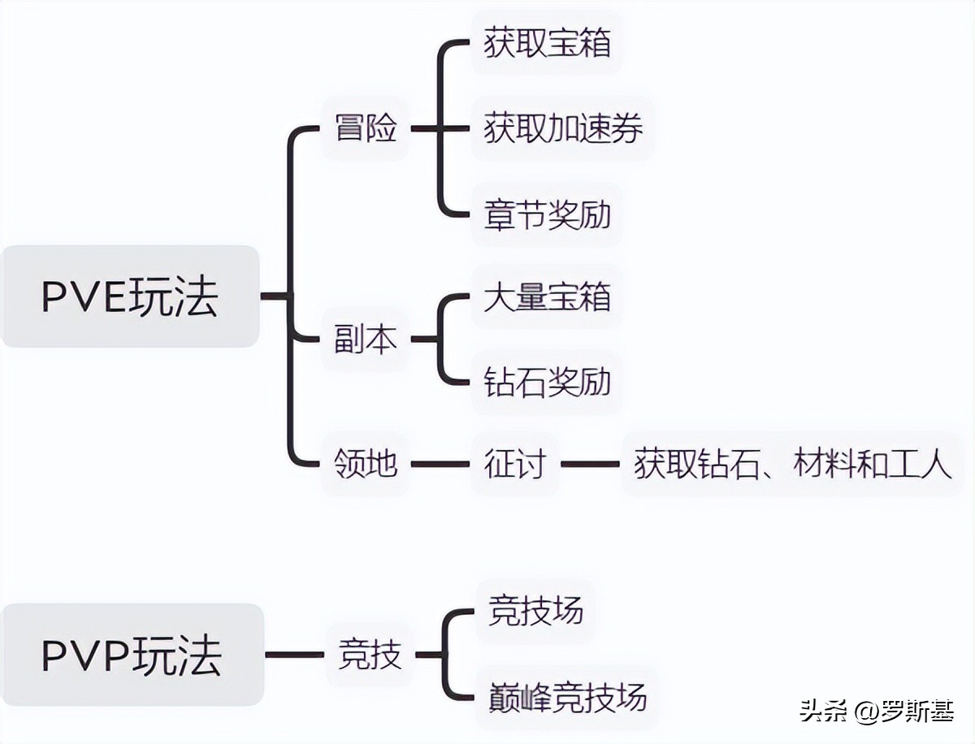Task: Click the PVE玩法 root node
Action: point(130,297)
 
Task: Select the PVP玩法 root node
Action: point(132,655)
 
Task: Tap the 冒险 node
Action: point(366,128)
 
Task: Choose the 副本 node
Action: point(366,340)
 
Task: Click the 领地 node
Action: point(366,465)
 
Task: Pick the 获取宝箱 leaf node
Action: point(547,43)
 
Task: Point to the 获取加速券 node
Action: point(563,128)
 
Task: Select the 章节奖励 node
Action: point(547,215)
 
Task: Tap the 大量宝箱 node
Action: point(547,297)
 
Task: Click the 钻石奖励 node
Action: point(547,382)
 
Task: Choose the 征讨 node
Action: point(514,465)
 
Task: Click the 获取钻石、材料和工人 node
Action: point(792,465)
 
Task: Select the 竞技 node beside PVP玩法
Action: point(370,655)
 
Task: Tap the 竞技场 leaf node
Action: point(535,611)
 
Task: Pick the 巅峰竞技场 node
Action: point(567,697)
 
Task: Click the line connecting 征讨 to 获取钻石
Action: point(591,465)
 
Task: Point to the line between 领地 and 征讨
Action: point(440,465)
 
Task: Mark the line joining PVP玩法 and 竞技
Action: point(294,655)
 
